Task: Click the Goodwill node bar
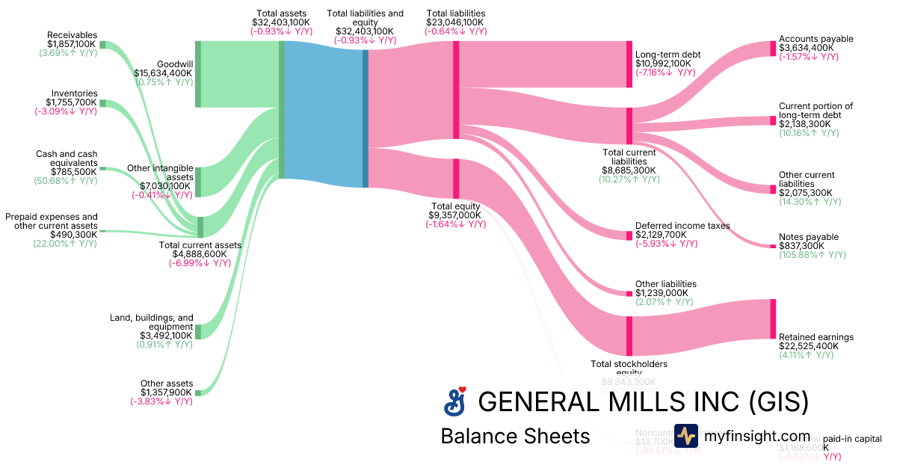pyautogui.click(x=198, y=75)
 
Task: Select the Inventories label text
pyautogui.click(x=74, y=93)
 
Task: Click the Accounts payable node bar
pyautogui.click(x=773, y=49)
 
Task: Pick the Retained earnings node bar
pyautogui.click(x=773, y=319)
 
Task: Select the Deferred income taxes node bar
pyautogui.click(x=629, y=235)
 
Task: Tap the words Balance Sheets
pyautogui.click(x=515, y=436)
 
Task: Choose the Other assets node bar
pyautogui.click(x=198, y=392)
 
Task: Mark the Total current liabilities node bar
pyautogui.click(x=629, y=126)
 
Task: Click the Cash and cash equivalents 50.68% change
pyautogui.click(x=65, y=180)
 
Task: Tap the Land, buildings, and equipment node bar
pyautogui.click(x=198, y=331)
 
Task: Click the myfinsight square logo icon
pyautogui.click(x=686, y=437)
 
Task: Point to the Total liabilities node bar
pyautogui.click(x=456, y=90)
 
